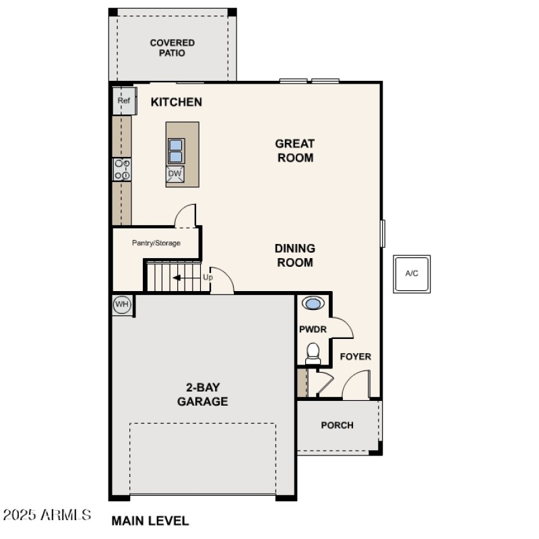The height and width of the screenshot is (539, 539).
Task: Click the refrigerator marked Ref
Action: click(x=123, y=101)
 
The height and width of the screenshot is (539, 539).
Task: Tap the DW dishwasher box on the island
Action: click(x=175, y=174)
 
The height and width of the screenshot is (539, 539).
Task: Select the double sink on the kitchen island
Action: click(x=175, y=151)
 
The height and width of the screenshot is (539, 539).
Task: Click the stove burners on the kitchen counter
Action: click(x=122, y=169)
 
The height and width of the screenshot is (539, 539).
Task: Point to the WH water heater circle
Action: click(x=122, y=305)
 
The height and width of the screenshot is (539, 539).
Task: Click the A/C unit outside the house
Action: click(x=412, y=274)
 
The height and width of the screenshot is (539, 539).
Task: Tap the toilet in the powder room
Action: click(x=313, y=353)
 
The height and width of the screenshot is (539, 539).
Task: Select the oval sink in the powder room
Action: click(x=313, y=303)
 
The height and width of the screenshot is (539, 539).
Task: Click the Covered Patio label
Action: click(x=172, y=48)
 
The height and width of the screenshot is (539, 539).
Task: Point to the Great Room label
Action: click(x=294, y=150)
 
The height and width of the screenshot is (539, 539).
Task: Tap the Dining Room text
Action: click(x=294, y=255)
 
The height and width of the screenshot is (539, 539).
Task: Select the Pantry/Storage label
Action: click(x=156, y=243)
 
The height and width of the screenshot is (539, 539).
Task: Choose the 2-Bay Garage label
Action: click(x=202, y=395)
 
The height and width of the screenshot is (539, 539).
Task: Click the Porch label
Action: click(x=337, y=425)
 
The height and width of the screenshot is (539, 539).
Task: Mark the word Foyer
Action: click(x=355, y=356)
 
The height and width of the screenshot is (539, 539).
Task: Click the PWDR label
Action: click(x=313, y=329)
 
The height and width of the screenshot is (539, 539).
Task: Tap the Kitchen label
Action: click(x=176, y=102)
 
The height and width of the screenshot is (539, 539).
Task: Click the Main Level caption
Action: click(x=150, y=521)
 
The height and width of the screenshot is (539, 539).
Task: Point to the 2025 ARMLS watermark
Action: click(x=46, y=516)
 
